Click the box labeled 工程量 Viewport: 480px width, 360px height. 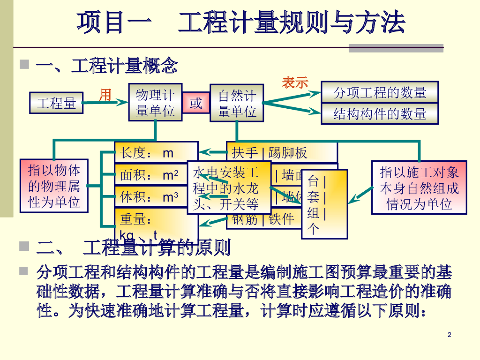point(56,103)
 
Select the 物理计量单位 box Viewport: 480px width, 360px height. point(155,103)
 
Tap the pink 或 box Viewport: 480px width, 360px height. point(195,103)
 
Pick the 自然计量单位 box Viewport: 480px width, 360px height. point(237,103)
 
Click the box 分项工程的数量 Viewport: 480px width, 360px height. point(380,92)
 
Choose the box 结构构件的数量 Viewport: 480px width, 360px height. point(380,113)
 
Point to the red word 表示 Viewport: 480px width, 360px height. point(295,82)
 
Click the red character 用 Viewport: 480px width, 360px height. point(105,95)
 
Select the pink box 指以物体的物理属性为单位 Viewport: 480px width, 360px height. point(54,186)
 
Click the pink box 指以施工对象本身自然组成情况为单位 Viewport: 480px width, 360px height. point(419,187)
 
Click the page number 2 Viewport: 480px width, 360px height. point(450,335)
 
